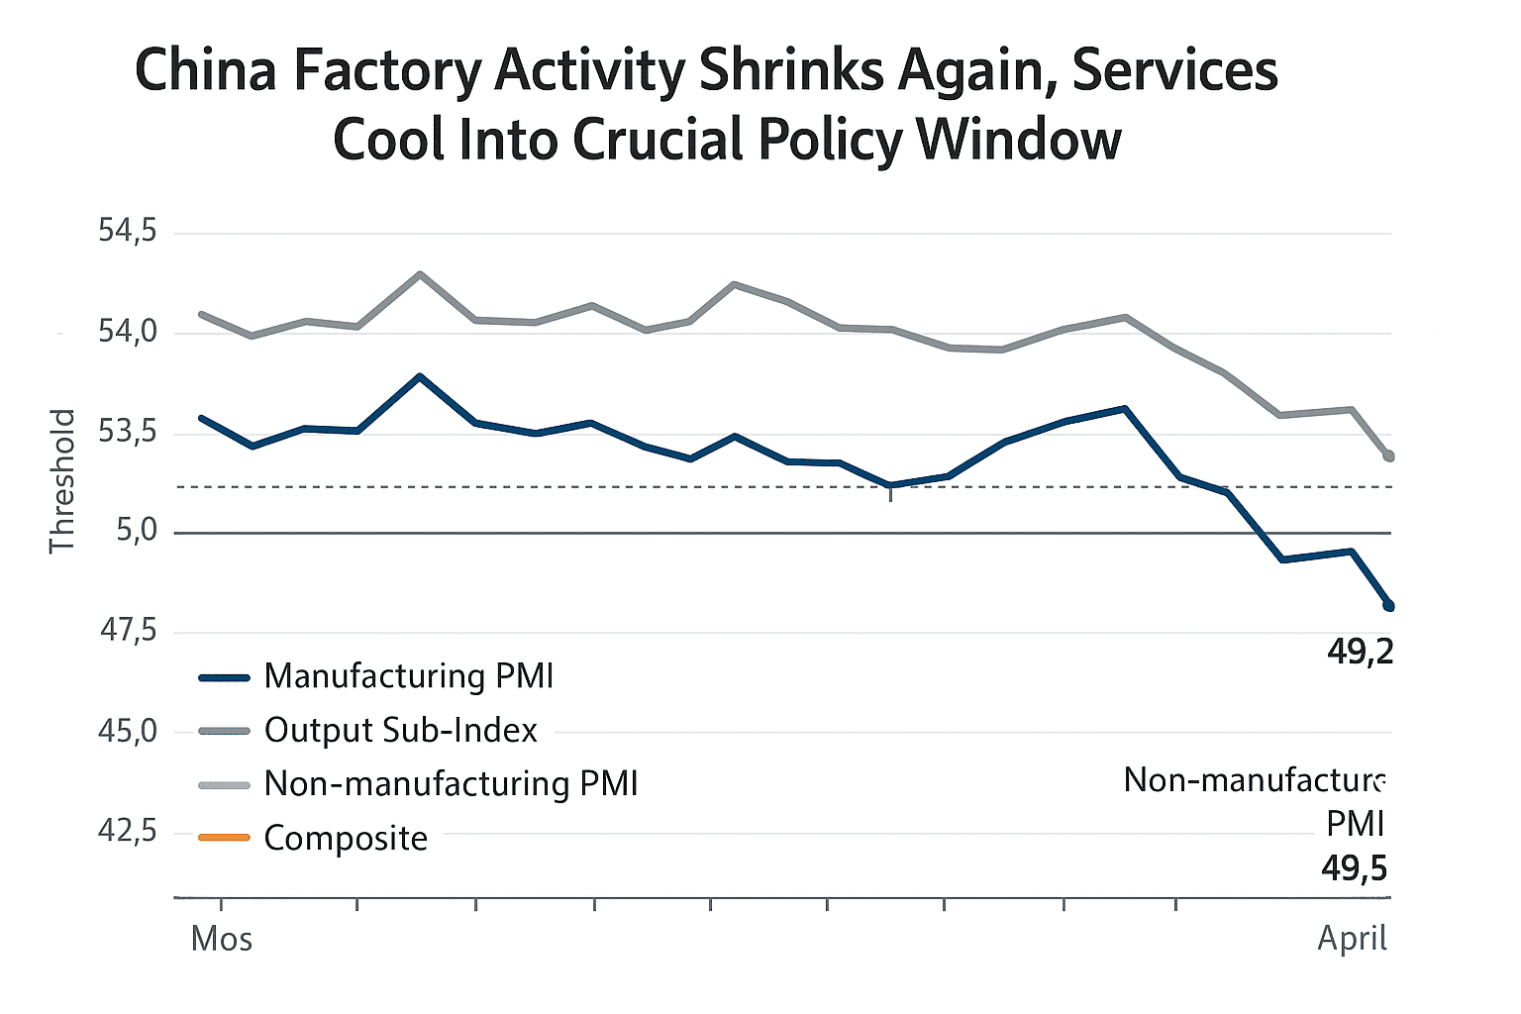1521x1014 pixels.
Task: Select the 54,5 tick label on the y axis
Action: click(128, 232)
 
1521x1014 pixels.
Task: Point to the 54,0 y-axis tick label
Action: click(128, 332)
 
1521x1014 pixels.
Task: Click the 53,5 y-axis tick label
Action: click(128, 432)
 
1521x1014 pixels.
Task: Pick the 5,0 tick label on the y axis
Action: click(137, 532)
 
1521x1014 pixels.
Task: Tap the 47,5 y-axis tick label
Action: click(128, 631)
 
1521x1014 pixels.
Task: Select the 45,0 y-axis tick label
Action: click(128, 732)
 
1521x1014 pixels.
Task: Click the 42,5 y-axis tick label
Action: click(128, 831)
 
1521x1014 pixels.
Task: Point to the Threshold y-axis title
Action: click(62, 481)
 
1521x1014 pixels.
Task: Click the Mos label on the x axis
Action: click(222, 939)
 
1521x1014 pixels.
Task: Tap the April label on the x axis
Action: click(1352, 938)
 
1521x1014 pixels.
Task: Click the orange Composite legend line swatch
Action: click(224, 838)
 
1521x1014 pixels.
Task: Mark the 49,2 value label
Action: click(1360, 652)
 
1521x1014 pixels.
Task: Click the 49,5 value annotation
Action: click(1354, 868)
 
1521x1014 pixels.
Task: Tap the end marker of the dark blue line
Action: click(1389, 606)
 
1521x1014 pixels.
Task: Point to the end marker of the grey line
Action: click(1389, 456)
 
